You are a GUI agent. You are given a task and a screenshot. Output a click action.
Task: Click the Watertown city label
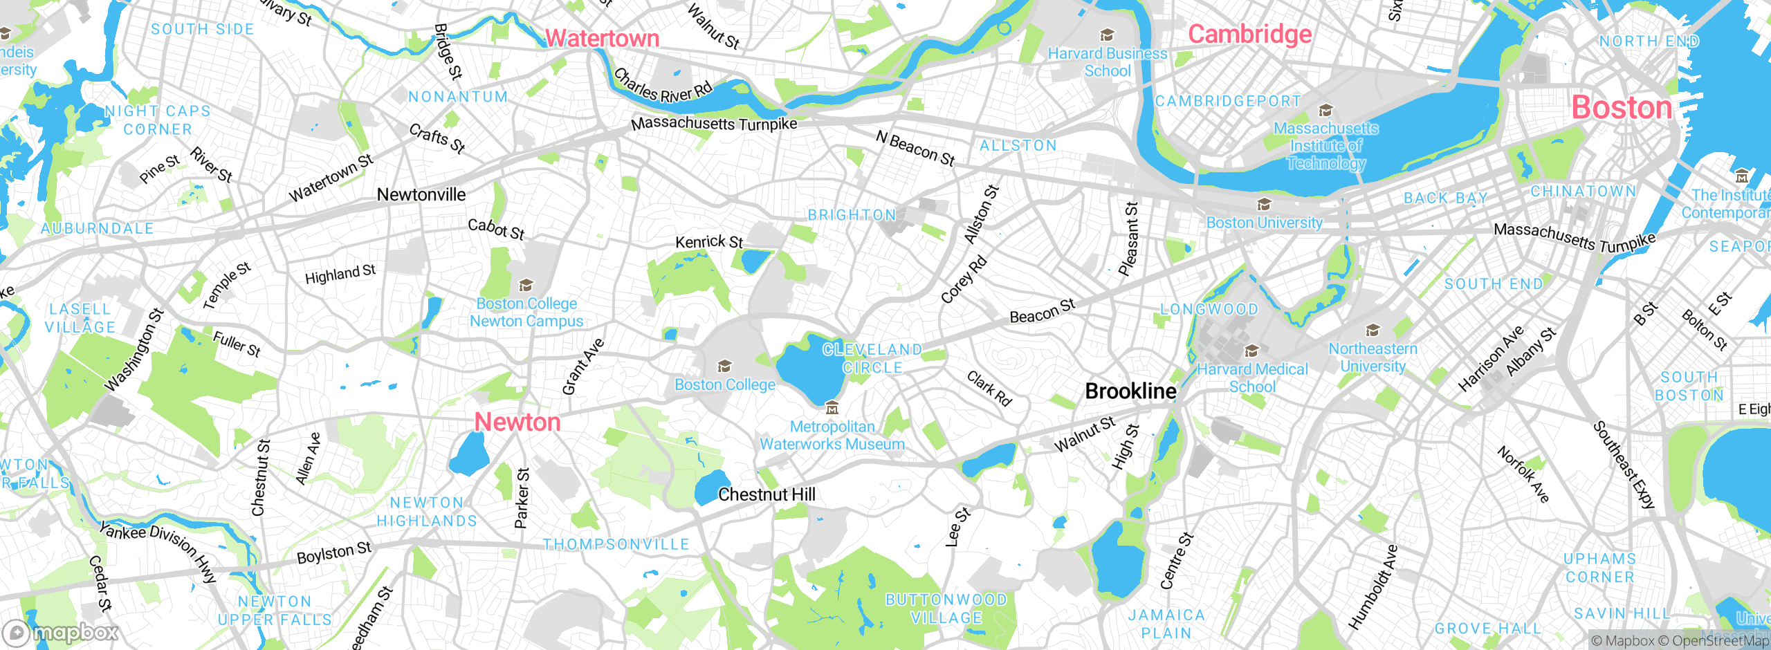click(602, 38)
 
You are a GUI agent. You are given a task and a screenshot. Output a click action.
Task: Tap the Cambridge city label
click(1249, 33)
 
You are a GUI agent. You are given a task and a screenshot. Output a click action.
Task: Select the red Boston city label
click(1622, 107)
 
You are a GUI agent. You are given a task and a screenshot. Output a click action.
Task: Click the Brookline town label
click(1130, 391)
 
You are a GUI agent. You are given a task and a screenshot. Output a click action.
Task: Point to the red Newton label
click(517, 422)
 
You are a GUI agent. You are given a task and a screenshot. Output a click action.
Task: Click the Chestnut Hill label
click(767, 494)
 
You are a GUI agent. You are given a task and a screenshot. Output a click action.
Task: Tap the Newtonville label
click(421, 195)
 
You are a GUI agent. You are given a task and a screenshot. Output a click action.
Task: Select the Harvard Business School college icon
click(1107, 35)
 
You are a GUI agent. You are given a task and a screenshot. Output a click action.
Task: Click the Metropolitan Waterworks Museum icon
click(832, 409)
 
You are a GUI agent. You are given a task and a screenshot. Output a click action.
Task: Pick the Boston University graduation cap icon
click(1264, 205)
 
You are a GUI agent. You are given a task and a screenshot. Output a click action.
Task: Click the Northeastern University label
click(1373, 357)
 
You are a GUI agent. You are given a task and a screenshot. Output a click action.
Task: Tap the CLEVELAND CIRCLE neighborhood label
click(872, 359)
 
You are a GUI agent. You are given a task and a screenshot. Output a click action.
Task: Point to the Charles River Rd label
click(663, 86)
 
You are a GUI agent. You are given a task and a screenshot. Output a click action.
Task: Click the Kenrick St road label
click(709, 242)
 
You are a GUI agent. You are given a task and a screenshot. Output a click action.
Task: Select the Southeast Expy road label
click(1624, 465)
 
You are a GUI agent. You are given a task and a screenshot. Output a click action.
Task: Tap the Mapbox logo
click(61, 632)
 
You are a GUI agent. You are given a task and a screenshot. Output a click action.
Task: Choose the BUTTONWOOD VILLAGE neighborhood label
click(946, 609)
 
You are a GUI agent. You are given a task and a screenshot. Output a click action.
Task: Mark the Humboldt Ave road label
click(1373, 588)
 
